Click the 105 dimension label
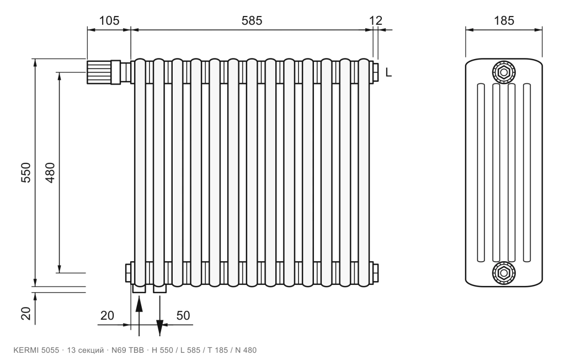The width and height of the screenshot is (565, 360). tap(109, 20)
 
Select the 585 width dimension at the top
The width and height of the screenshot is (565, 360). tap(252, 20)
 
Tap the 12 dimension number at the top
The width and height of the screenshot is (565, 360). tap(375, 20)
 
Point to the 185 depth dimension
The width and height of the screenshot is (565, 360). tap(504, 20)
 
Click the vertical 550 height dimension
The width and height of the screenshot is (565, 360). tap(26, 172)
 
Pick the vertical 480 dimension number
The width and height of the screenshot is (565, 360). tap(50, 172)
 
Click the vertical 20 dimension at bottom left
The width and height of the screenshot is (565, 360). tap(26, 313)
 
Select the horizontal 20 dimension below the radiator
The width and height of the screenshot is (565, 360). tap(107, 316)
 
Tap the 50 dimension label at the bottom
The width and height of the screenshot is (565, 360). tap(183, 316)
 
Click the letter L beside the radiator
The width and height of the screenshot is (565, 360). tap(388, 72)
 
